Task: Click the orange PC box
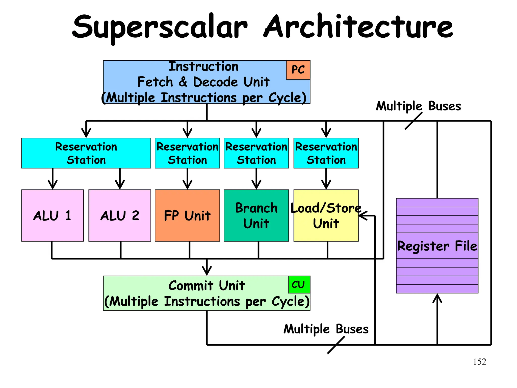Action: click(x=298, y=70)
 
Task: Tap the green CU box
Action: click(x=299, y=284)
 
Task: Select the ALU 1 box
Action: click(x=53, y=215)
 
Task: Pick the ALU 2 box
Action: click(x=120, y=215)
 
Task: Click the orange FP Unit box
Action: click(x=187, y=215)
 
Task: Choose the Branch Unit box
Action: click(x=256, y=215)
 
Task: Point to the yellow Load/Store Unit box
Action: click(x=326, y=215)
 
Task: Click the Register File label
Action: click(x=437, y=246)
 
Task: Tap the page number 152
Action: click(x=479, y=362)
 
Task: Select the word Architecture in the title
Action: click(x=358, y=26)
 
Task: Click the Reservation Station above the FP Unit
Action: click(x=187, y=153)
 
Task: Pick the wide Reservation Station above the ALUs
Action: click(x=86, y=153)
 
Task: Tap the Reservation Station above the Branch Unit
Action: click(x=256, y=153)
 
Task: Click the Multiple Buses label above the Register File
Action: click(x=418, y=106)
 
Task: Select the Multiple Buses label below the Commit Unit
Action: click(x=326, y=329)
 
